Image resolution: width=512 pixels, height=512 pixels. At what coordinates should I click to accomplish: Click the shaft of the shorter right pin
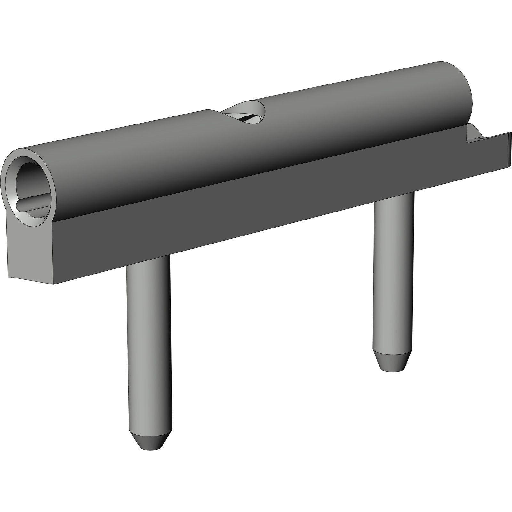tap(394, 272)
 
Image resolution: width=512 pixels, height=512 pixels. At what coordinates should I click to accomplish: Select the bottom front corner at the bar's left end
tap(53, 284)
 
